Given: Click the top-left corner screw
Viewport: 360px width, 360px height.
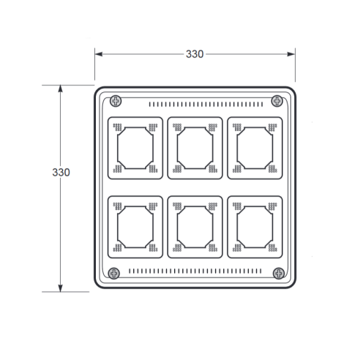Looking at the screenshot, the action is click(116, 101).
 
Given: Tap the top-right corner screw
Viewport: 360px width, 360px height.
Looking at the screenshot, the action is click(277, 101).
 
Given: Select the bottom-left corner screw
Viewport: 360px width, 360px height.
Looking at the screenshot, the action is click(114, 274).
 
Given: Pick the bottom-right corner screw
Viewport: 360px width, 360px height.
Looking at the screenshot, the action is click(279, 273).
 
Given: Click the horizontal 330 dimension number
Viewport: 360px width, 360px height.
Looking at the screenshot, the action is click(195, 54).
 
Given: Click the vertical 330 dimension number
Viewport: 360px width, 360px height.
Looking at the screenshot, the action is click(61, 173).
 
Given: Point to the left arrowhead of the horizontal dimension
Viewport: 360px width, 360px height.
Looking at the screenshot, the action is click(99, 54).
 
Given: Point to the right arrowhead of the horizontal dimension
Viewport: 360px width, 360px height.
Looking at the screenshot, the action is click(291, 54).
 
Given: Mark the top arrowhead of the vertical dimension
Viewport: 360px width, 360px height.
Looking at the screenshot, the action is click(61, 89).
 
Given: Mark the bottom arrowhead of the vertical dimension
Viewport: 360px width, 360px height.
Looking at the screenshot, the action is click(61, 288).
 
